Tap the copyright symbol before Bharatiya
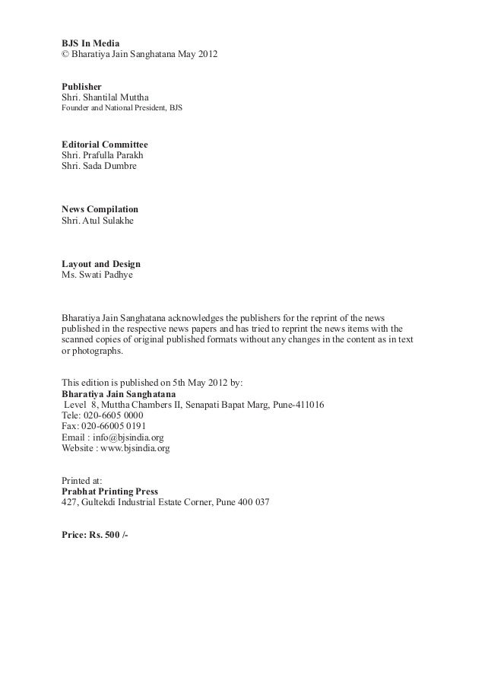65,56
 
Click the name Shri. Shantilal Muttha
105,98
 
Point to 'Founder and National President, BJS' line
121,110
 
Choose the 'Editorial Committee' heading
104,144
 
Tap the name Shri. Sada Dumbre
99,166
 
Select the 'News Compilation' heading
100,209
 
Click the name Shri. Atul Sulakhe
98,221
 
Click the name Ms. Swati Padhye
97,275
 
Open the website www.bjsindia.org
135,449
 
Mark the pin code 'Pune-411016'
299,406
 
